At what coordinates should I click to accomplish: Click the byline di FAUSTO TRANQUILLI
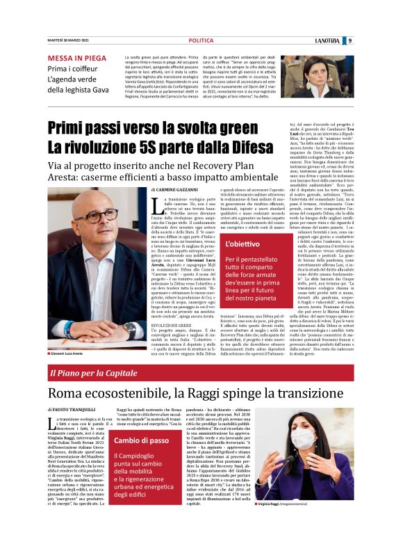75,411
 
